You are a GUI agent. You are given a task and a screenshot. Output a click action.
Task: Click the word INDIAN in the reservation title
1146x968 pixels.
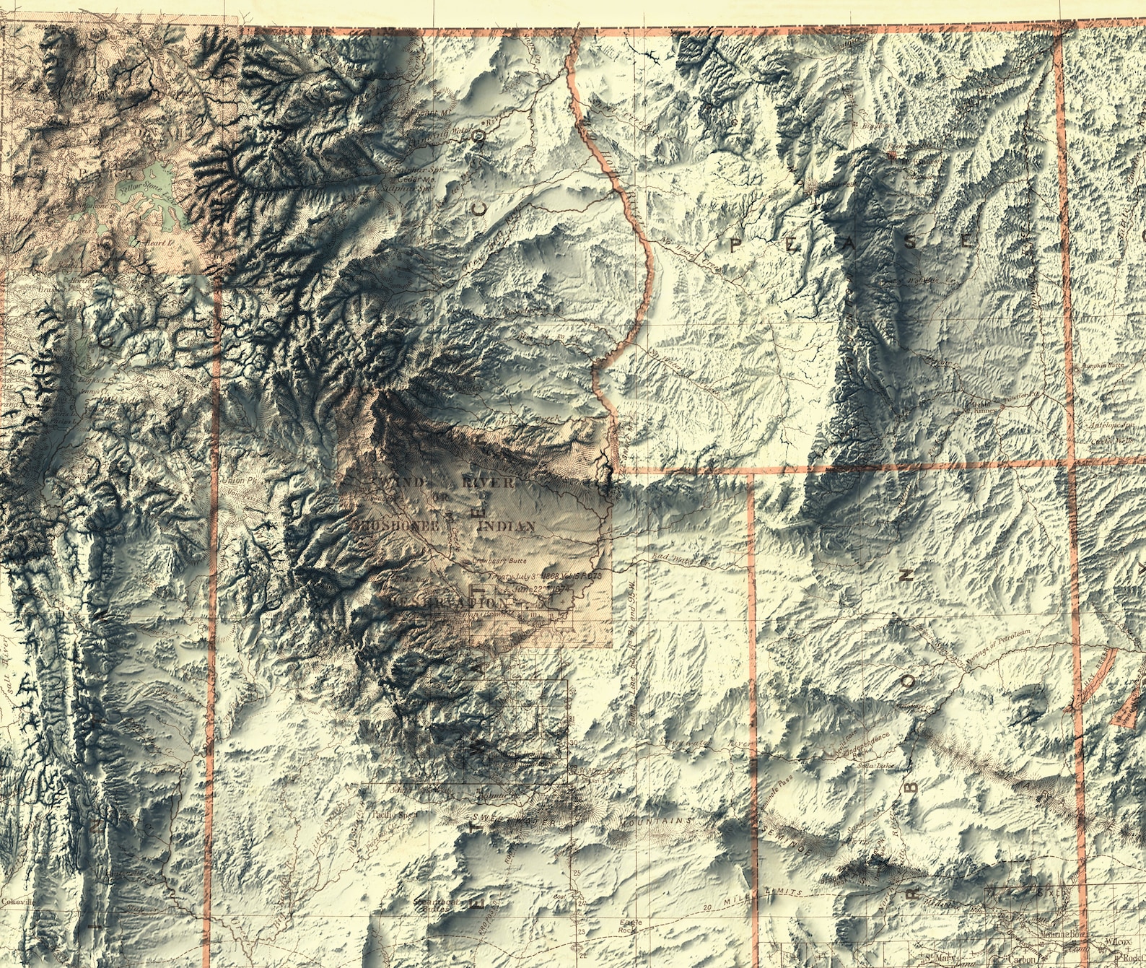coord(507,526)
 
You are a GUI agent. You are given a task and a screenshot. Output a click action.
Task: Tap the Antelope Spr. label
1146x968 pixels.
coord(1111,426)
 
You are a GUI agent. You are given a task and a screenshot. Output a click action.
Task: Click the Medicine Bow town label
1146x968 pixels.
coord(1064,933)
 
